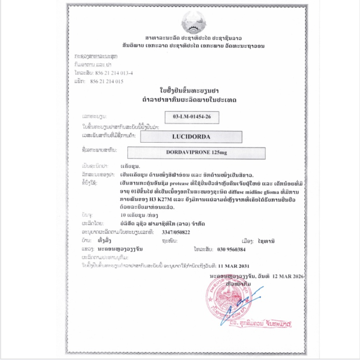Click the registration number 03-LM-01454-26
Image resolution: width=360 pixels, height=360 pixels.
192,117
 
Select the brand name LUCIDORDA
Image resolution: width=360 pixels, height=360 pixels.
191,137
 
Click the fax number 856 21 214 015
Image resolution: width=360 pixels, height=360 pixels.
107,81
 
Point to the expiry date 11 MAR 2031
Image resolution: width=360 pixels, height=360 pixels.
234,266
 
